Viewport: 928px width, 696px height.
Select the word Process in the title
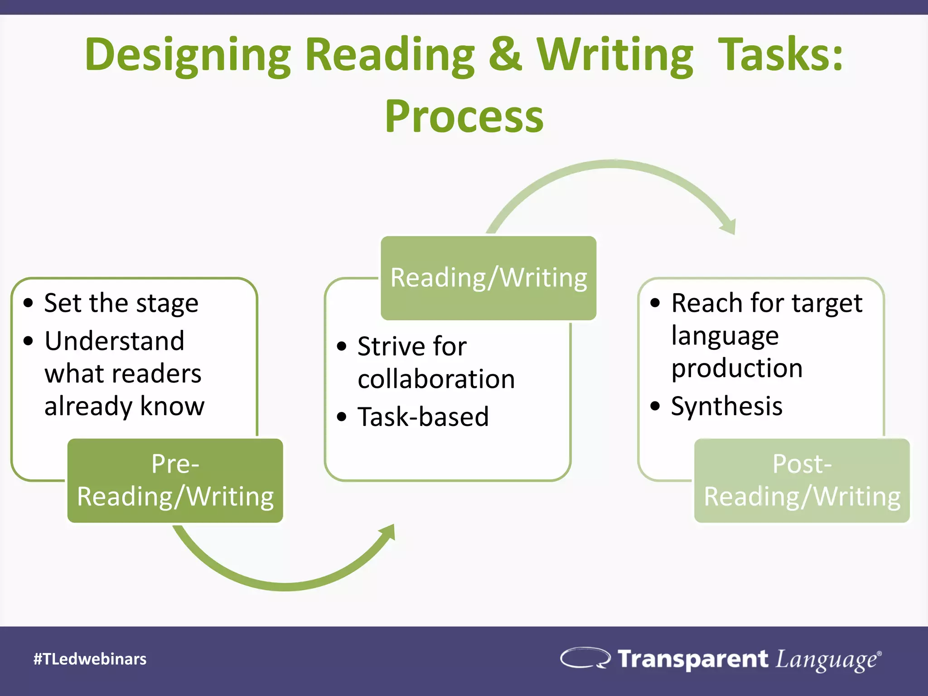pyautogui.click(x=464, y=116)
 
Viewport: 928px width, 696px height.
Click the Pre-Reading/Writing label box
pyautogui.click(x=175, y=480)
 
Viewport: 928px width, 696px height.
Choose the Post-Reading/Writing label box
pyautogui.click(x=802, y=480)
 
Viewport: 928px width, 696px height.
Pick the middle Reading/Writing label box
pyautogui.click(x=488, y=278)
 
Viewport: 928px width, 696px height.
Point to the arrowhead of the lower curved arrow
pyautogui.click(x=387, y=532)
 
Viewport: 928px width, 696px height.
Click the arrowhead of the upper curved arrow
pyautogui.click(x=729, y=226)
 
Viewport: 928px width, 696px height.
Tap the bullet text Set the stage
pyautogui.click(x=121, y=303)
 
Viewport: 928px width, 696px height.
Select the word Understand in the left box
pyautogui.click(x=114, y=341)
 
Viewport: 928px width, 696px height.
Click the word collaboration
pyautogui.click(x=436, y=379)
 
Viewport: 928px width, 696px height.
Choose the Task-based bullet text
pyautogui.click(x=423, y=417)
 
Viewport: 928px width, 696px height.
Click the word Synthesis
pyautogui.click(x=726, y=406)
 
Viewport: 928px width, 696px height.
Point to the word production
pyautogui.click(x=737, y=368)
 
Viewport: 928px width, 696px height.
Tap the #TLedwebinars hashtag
pyautogui.click(x=90, y=659)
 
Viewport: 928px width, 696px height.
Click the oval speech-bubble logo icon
pyautogui.click(x=585, y=658)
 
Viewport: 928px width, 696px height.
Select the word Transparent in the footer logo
pyautogui.click(x=693, y=658)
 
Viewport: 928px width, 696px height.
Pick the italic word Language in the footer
pyautogui.click(x=826, y=660)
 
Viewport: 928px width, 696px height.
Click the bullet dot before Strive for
pyautogui.click(x=342, y=347)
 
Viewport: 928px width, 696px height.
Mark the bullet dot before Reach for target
pyautogui.click(x=655, y=303)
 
